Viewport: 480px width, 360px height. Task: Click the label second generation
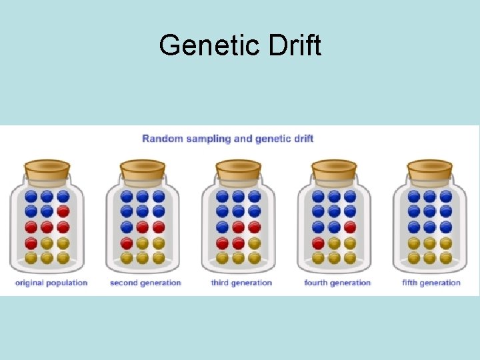(x=145, y=283)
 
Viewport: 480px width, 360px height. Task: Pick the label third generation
(x=241, y=283)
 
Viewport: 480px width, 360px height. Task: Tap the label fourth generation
(x=337, y=283)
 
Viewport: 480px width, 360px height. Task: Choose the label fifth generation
(x=431, y=283)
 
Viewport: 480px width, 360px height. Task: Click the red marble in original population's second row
(x=63, y=211)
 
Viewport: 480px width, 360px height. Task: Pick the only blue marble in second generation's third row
(x=127, y=227)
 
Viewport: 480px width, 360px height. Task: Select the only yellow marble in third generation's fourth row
(x=254, y=243)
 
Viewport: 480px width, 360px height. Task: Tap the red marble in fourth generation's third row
(x=350, y=227)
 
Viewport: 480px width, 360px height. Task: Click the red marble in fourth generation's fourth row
(x=318, y=243)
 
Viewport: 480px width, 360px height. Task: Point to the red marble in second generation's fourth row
(x=127, y=243)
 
